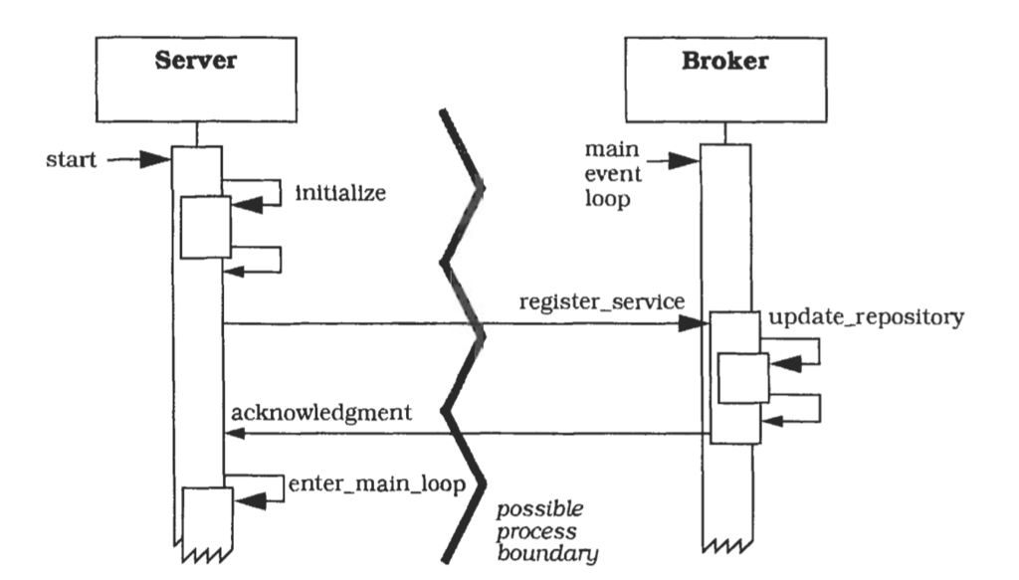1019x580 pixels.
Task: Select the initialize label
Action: tap(339, 194)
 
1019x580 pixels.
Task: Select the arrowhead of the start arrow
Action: tap(158, 159)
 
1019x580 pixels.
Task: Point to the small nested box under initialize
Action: tap(205, 227)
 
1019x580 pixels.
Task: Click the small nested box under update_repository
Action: tap(743, 378)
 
